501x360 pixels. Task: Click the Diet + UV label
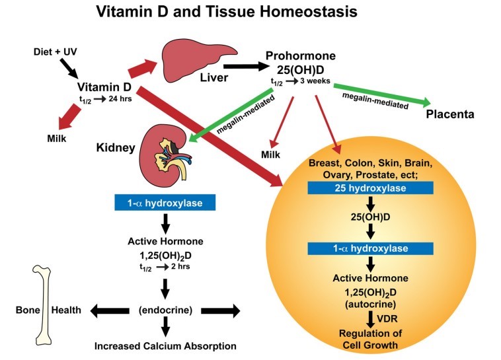(x=56, y=51)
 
